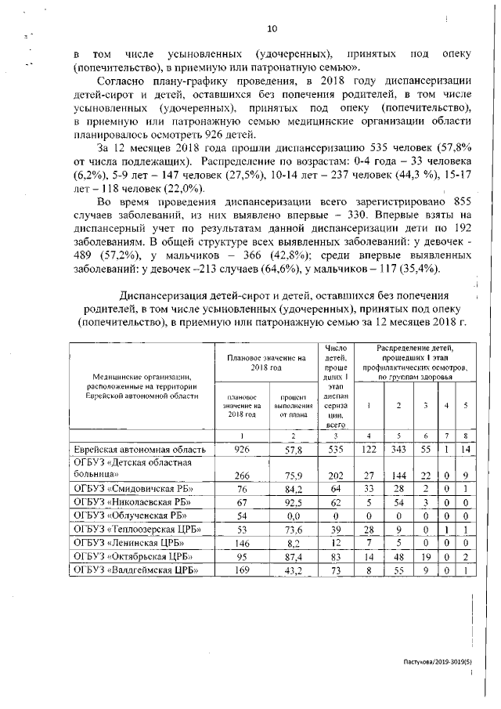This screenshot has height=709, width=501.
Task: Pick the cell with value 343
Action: pyautogui.click(x=398, y=450)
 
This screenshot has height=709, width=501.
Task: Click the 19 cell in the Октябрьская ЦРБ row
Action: pyautogui.click(x=425, y=559)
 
